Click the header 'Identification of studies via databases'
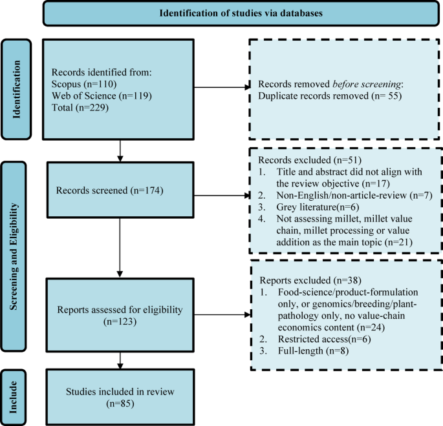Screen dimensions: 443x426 coord(241,14)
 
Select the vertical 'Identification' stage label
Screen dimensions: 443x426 coord(16,89)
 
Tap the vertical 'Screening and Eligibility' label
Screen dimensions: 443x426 coord(14,256)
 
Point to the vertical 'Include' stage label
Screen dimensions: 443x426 coord(14,397)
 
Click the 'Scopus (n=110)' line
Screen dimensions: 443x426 coord(84,84)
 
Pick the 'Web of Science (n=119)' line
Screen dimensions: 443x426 coord(102,96)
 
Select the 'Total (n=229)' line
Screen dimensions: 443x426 coord(80,108)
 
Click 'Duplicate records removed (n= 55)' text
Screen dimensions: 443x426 coord(330,96)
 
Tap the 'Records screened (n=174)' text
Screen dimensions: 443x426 coord(110,190)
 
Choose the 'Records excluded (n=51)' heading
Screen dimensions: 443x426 coord(310,160)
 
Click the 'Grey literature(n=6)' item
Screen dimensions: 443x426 coord(318,207)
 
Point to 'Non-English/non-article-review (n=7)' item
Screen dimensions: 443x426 coord(354,195)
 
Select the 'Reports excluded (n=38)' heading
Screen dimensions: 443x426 coord(310,281)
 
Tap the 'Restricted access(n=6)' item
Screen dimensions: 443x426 coord(325,339)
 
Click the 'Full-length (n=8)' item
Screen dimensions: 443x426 coord(313,351)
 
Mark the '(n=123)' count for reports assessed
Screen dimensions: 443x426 coord(120,321)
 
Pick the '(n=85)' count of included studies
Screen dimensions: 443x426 coord(120,403)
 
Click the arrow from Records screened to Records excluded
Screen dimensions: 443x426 coord(222,195)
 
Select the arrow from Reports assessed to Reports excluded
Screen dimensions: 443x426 coord(222,314)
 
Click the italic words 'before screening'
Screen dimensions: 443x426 coord(367,84)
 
